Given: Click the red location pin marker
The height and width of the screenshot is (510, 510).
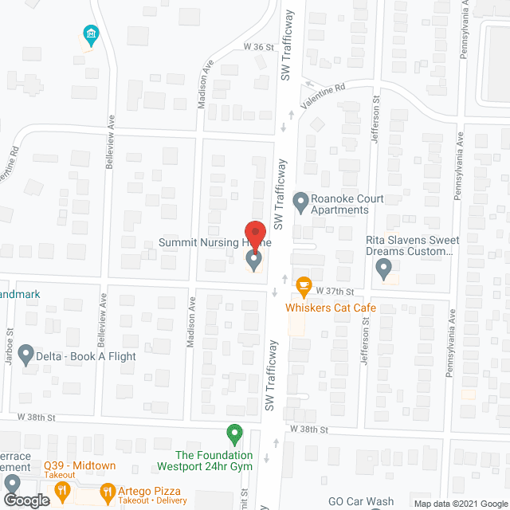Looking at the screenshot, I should [254, 232].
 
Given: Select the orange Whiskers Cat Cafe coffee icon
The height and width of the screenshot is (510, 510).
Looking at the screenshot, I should [303, 284].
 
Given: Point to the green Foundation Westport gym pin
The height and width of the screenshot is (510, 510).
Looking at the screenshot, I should [234, 435].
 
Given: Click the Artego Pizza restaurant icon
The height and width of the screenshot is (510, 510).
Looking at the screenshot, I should [108, 492].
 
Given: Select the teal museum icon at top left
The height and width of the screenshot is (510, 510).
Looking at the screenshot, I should [91, 33].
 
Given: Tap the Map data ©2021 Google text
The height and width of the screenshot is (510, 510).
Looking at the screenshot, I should [459, 504].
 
